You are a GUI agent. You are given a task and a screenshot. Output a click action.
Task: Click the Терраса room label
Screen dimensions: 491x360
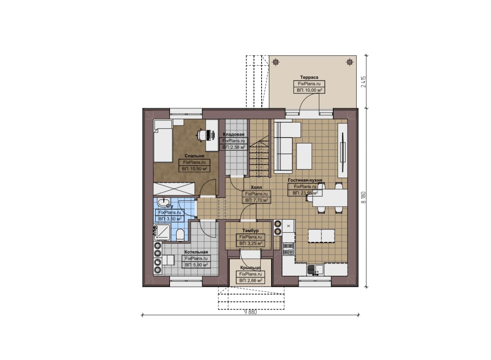pyautogui.click(x=309, y=77)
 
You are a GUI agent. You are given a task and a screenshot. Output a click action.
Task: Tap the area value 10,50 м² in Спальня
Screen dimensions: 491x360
pyautogui.click(x=194, y=169)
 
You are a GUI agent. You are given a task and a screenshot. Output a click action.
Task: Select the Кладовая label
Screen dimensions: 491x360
pyautogui.click(x=234, y=134)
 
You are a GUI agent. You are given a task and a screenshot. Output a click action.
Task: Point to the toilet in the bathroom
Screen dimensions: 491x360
pyautogui.click(x=180, y=235)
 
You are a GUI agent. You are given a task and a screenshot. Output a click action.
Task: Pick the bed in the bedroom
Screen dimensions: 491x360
pyautogui.click(x=163, y=141)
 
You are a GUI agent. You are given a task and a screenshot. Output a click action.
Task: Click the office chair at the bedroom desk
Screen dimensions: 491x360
pyautogui.click(x=201, y=134)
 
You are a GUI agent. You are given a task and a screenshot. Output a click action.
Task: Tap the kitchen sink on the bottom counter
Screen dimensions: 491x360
pyautogui.click(x=315, y=270)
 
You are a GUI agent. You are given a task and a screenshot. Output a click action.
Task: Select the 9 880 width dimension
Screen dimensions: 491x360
pyautogui.click(x=250, y=312)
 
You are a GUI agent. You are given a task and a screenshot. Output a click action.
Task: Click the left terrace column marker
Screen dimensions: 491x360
pyautogui.click(x=275, y=62)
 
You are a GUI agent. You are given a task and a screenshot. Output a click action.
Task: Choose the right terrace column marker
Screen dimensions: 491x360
pyautogui.click(x=349, y=62)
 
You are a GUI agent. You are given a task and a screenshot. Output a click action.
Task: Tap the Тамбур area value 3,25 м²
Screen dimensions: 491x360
pyautogui.click(x=250, y=243)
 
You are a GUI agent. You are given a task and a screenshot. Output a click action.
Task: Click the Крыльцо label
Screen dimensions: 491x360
pyautogui.click(x=250, y=268)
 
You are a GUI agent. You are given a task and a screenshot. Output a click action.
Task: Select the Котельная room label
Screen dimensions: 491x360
pyautogui.click(x=196, y=252)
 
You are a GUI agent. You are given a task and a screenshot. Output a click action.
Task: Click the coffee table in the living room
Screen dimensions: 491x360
pyautogui.click(x=304, y=156)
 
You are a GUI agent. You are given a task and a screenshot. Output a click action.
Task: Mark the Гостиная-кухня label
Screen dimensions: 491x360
pyautogui.click(x=305, y=180)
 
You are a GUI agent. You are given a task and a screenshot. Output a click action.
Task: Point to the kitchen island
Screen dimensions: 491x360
pyautogui.click(x=321, y=236)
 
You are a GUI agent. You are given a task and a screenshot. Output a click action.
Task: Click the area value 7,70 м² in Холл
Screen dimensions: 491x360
pyautogui.click(x=257, y=200)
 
